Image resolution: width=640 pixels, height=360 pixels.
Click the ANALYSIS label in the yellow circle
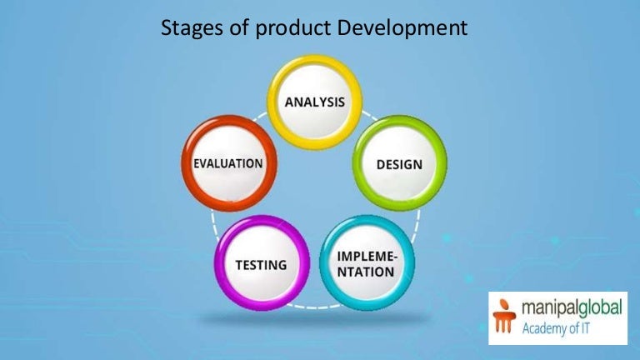click(x=314, y=102)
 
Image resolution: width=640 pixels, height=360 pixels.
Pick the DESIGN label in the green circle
click(x=399, y=164)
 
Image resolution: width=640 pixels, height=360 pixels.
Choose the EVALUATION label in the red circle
click(x=228, y=162)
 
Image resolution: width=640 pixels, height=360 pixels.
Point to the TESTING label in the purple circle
click(x=261, y=265)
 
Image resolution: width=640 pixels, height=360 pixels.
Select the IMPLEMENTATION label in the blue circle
click(x=367, y=264)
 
